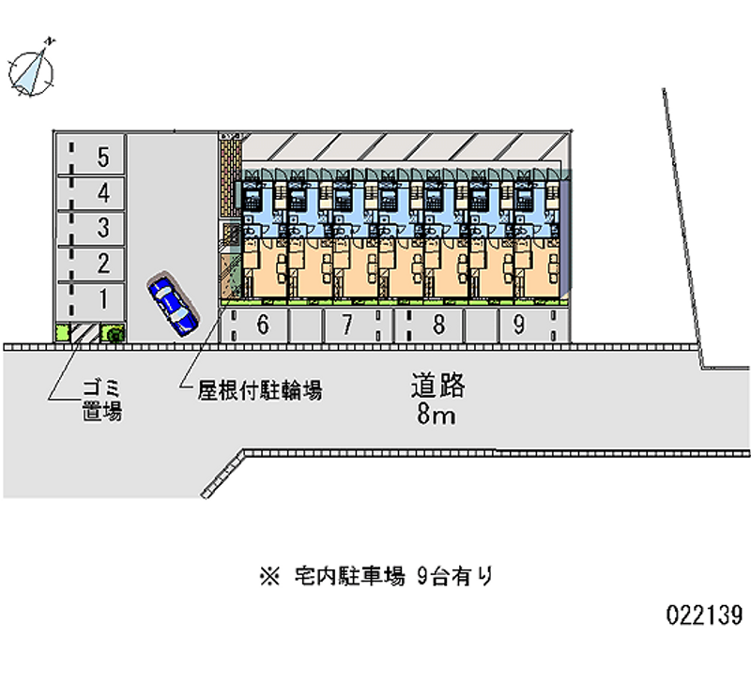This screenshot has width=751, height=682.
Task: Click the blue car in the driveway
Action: (173, 304)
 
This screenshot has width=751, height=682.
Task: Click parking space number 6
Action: (262, 326)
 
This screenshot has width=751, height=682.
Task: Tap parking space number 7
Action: (346, 326)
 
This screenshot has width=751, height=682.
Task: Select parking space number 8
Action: (437, 326)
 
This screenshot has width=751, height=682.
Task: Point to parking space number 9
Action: (518, 326)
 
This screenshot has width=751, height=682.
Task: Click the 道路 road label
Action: (437, 386)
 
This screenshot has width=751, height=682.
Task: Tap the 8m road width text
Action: (437, 415)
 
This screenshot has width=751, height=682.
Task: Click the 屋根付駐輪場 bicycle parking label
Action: (260, 391)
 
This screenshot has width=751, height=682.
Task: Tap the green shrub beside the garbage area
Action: (113, 332)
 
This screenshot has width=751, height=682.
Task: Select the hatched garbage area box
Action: (85, 332)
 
